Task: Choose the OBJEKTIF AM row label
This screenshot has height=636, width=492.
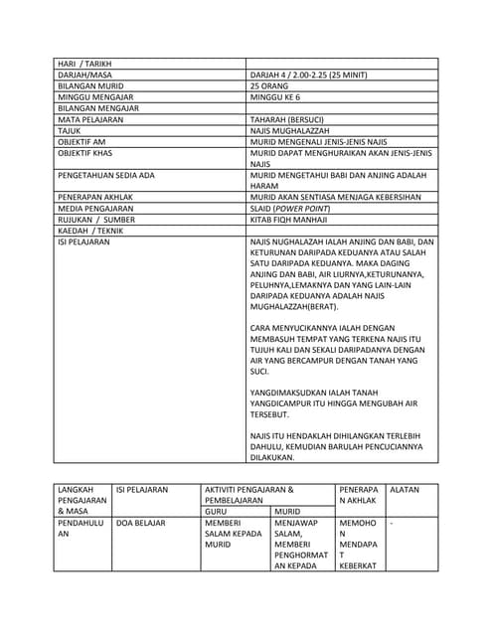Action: coord(82,142)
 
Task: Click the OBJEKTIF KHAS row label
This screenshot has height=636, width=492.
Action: coord(84,153)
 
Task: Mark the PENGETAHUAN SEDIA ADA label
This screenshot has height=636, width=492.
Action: coord(106,175)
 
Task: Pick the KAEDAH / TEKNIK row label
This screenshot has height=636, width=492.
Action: coord(87,230)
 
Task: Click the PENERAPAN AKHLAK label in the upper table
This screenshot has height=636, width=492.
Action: coord(95,197)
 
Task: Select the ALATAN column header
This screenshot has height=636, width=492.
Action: coord(405,490)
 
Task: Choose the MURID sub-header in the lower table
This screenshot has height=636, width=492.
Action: coord(288,511)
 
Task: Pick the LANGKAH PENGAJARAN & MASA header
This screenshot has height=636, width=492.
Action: coord(81,500)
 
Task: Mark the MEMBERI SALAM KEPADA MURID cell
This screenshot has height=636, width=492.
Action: coord(232,534)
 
